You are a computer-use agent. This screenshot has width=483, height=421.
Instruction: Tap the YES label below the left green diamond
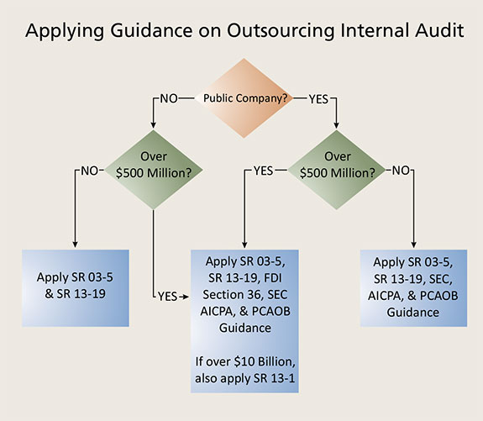(x=168, y=296)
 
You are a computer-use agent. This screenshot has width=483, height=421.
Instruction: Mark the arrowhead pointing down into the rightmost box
(x=412, y=244)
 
